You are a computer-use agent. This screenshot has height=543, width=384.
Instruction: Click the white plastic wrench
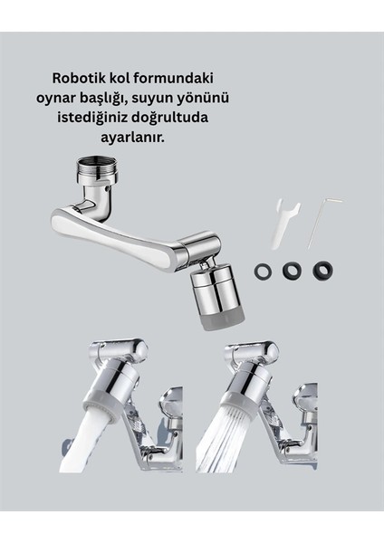282,223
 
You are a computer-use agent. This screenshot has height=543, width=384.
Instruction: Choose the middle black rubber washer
291,270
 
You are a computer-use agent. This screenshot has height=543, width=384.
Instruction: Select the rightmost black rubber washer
322,270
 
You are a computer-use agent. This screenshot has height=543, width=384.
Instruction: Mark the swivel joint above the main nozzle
198,248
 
